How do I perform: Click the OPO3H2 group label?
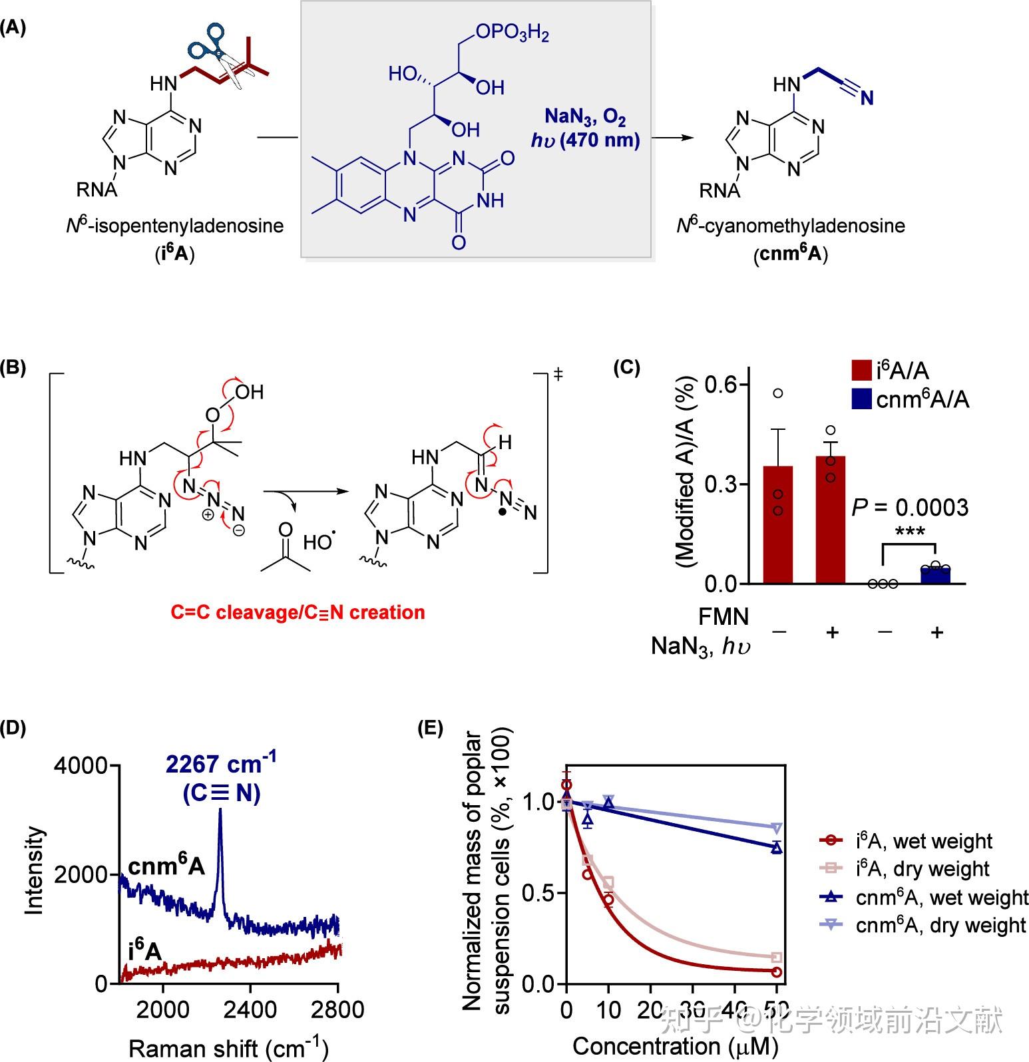click(x=512, y=33)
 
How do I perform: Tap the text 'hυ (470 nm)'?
click(x=585, y=140)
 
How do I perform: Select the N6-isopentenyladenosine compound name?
click(x=175, y=226)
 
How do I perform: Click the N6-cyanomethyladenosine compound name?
click(x=791, y=226)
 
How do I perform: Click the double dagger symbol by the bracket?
click(x=558, y=375)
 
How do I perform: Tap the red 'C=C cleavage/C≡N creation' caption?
click(x=298, y=612)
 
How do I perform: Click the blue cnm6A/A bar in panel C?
click(x=936, y=574)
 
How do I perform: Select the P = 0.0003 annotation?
click(x=910, y=508)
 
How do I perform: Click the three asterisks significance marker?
click(x=910, y=532)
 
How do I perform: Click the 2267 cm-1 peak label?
click(x=221, y=765)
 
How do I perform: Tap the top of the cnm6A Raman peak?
click(x=220, y=820)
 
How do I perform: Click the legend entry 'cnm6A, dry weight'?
click(x=940, y=926)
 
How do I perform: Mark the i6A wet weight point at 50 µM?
click(x=776, y=972)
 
